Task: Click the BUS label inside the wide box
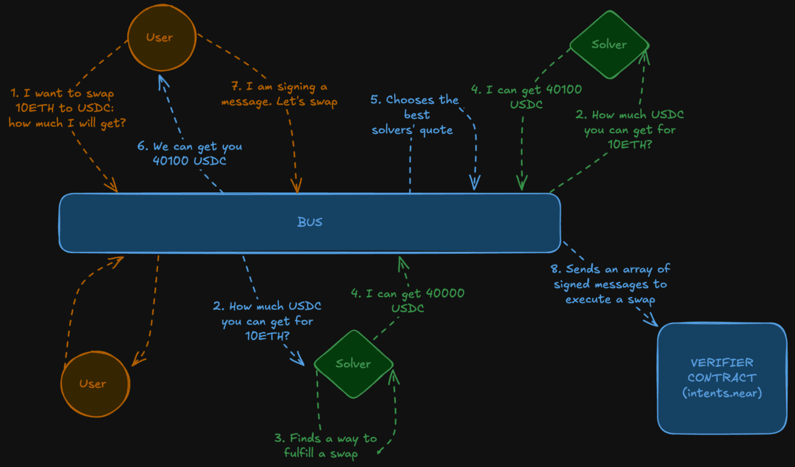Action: [x=310, y=222]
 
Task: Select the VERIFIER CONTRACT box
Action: [x=722, y=378]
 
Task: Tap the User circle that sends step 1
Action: [x=160, y=37]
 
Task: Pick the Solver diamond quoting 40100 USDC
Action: [x=608, y=45]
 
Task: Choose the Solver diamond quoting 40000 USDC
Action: [x=354, y=364]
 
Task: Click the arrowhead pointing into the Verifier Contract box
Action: [x=652, y=321]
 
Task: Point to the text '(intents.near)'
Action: [x=722, y=393]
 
